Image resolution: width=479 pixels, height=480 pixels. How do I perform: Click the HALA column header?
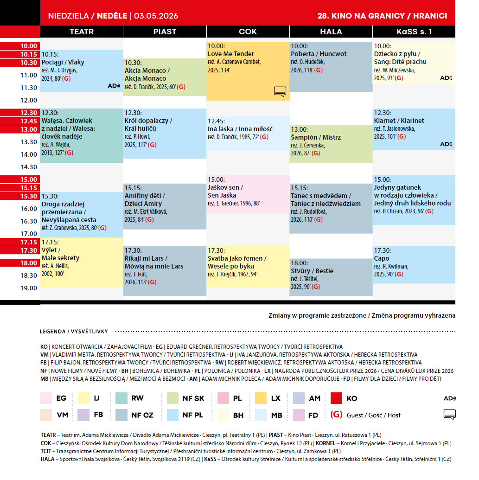(331, 32)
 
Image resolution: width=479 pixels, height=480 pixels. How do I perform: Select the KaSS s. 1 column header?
(414, 32)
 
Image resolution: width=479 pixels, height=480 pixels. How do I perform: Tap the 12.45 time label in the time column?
(28, 121)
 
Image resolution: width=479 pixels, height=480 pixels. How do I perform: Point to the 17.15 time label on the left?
(28, 242)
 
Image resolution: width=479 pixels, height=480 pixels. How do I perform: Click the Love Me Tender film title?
(231, 54)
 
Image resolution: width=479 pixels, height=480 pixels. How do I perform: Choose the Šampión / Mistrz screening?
(331, 144)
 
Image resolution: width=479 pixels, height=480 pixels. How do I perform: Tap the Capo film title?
(382, 258)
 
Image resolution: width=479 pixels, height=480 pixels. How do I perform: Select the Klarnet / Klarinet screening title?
(399, 121)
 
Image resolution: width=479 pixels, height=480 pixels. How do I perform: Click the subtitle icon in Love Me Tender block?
(280, 91)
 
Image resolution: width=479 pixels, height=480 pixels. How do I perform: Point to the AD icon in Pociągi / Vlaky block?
(113, 86)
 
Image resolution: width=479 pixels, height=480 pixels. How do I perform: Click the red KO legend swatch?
(336, 398)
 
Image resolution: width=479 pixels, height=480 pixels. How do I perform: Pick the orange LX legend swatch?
(260, 398)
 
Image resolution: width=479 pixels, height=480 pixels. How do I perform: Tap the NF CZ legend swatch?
(121, 415)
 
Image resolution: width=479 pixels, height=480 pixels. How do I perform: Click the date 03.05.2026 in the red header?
(156, 16)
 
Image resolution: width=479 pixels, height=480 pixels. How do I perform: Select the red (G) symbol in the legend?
(336, 415)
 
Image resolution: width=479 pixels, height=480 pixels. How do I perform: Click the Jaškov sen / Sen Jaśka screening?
(248, 194)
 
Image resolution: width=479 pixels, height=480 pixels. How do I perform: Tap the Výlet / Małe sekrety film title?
(60, 254)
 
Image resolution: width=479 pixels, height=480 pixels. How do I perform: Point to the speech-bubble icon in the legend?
(450, 415)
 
